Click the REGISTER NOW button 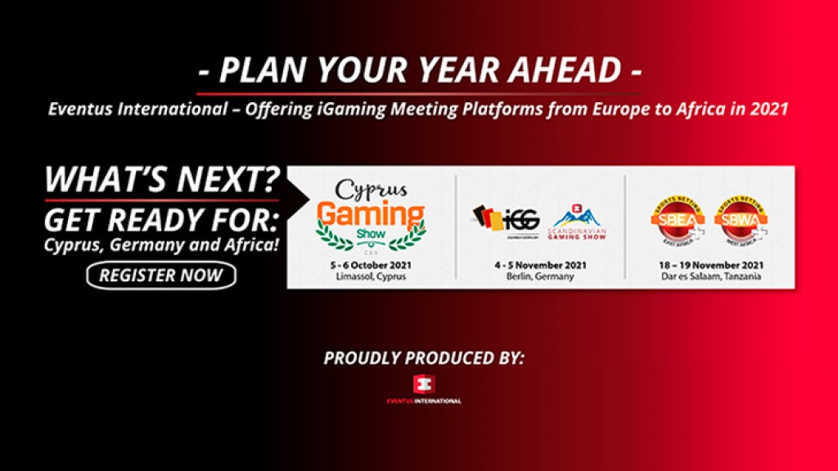coord(160,276)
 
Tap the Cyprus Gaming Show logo coord(372,214)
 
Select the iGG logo coord(503,218)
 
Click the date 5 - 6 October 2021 coord(371,265)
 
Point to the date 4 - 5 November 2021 coord(540,265)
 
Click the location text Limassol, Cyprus coord(371,276)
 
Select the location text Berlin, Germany coord(540,276)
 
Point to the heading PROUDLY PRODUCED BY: coord(423,357)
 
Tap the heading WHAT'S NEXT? coord(162,180)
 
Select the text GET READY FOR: coord(162,221)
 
